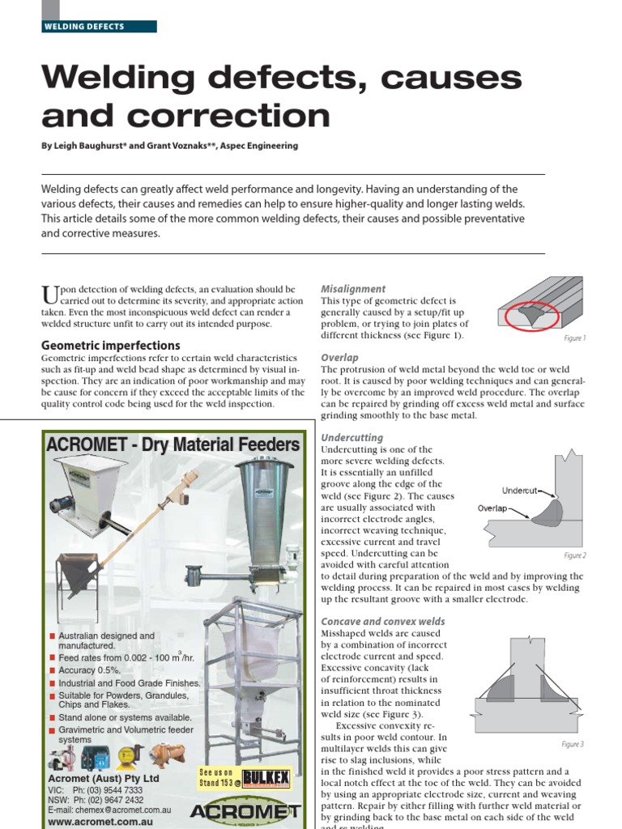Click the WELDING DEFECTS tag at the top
84,27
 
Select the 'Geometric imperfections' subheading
110,345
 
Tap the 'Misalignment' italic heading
353,289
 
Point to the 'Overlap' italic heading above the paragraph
339,357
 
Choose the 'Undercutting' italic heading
351,438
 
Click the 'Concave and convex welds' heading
383,621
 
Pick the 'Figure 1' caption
574,338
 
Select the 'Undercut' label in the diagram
519,491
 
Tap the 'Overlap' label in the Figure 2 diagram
493,508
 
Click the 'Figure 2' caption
574,556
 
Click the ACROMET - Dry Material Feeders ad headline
173,444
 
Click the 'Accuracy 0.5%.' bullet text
89,670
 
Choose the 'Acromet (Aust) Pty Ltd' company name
103,779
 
